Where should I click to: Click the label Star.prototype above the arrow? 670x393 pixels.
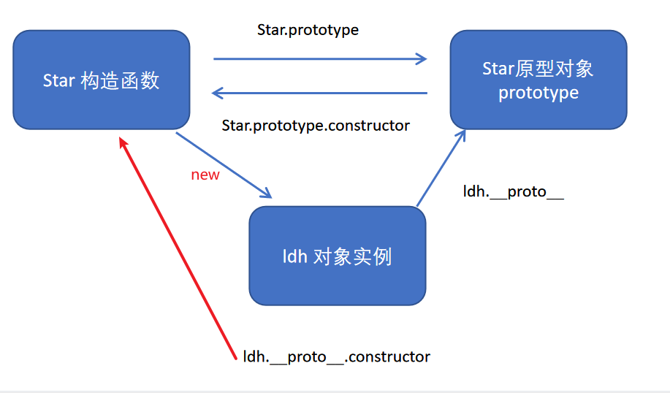tap(308, 30)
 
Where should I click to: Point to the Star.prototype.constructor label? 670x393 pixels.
tap(316, 126)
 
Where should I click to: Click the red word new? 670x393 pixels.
tap(205, 175)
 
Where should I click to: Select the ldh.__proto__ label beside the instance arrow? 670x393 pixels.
tap(513, 191)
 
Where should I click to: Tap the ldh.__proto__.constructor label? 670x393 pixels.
tap(337, 356)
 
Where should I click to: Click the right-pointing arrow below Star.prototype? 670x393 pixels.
tap(320, 58)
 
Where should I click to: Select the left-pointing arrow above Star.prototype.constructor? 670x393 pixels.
tap(320, 93)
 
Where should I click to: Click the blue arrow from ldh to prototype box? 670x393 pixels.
tap(441, 168)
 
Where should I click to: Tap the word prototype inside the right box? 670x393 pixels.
tap(538, 93)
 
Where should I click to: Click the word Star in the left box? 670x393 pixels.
tap(59, 80)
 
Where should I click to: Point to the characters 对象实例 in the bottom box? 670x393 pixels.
tap(352, 257)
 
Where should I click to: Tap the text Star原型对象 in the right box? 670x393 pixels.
tap(538, 69)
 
